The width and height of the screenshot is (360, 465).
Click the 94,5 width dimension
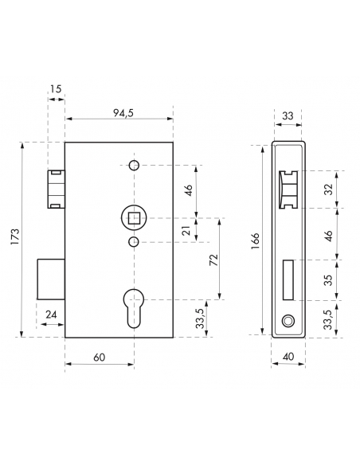point(123,113)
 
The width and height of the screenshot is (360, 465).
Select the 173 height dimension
point(15,236)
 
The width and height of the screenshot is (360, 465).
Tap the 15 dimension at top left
point(56,88)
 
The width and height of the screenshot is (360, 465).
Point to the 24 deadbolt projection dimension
point(51,315)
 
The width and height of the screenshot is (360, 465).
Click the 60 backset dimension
point(100,358)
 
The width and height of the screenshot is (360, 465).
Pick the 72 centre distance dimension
point(213,260)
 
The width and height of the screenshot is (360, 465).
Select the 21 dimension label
point(186,230)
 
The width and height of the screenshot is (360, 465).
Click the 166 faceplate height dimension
point(255,240)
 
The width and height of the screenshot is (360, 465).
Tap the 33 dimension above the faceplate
point(288,115)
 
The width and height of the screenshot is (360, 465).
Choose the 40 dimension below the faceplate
point(288,356)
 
